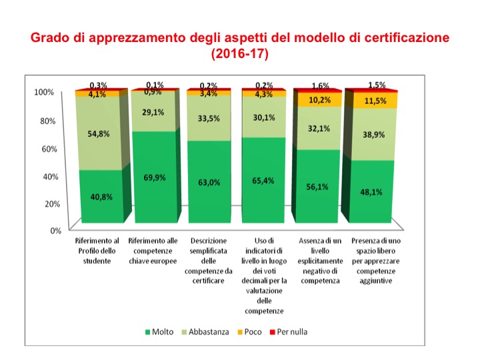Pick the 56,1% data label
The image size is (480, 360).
[x=316, y=187]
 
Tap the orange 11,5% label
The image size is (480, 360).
[x=369, y=101]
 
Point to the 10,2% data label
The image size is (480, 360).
[x=316, y=100]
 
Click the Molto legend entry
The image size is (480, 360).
[x=159, y=331]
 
